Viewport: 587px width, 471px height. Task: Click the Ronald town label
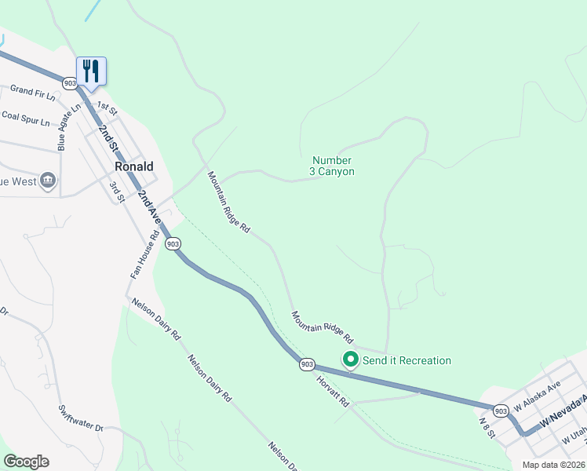click(x=133, y=167)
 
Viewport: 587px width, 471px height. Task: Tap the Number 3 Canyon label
click(x=333, y=166)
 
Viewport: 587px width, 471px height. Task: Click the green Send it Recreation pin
click(x=350, y=360)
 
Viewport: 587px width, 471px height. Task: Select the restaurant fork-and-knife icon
click(x=92, y=71)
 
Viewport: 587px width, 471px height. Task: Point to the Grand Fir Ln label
click(x=33, y=93)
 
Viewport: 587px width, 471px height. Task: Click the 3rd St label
click(x=117, y=191)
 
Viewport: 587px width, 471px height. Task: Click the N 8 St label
click(x=488, y=427)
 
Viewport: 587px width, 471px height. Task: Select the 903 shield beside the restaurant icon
click(x=70, y=82)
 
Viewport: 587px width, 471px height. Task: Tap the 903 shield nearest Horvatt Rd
click(x=307, y=364)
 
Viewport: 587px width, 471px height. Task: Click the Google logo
click(x=26, y=462)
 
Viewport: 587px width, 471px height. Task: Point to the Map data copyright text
click(x=553, y=465)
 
